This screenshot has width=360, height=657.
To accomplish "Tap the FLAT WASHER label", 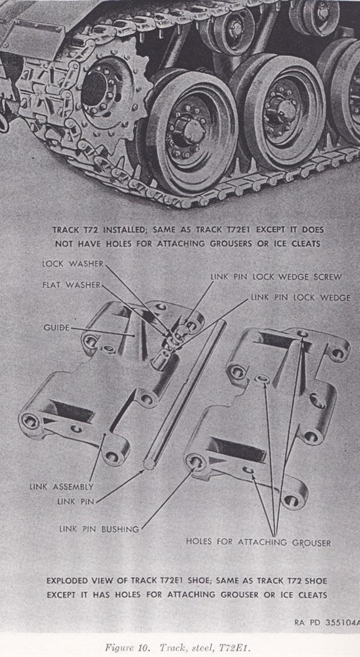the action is [x=71, y=285].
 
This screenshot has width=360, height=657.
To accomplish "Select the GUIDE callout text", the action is [x=56, y=327].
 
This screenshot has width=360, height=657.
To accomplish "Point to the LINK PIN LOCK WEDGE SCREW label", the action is [x=276, y=277].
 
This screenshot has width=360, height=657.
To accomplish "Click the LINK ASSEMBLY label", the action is [x=61, y=487].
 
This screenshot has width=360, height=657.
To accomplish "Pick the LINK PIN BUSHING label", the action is [x=98, y=529].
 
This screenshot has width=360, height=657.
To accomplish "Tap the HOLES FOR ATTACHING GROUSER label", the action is [x=258, y=542].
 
